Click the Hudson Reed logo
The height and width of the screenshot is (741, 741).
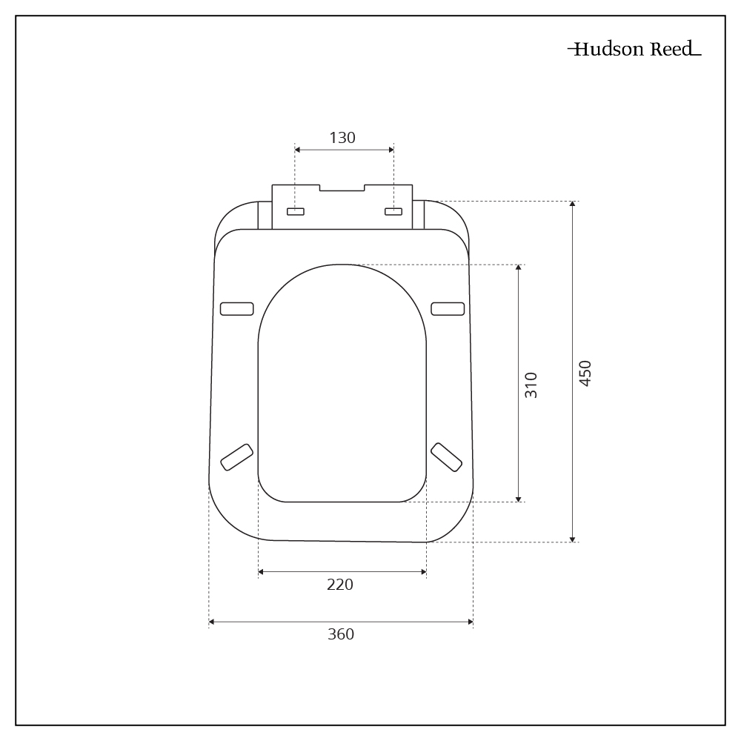pos(634,50)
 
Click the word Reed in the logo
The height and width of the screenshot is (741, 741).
pos(673,50)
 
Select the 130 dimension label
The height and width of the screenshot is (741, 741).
pos(342,138)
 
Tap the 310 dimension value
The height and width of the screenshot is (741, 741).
pos(531,385)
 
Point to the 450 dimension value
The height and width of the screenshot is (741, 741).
pos(585,373)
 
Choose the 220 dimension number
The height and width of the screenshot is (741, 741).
pos(340,585)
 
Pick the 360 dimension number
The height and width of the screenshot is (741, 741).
pos(341,634)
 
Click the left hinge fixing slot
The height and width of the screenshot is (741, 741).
pos(296,212)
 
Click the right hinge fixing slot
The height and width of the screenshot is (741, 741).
pos(393,212)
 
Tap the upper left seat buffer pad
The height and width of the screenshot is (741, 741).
pos(237,309)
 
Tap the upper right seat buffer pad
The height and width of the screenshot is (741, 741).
pos(448,309)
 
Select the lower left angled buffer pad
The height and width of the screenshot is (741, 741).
pos(237,456)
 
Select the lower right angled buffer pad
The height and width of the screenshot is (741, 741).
pos(446,456)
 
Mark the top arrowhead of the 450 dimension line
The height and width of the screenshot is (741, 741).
pos(572,205)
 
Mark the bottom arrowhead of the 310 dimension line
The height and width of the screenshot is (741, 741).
pos(518,498)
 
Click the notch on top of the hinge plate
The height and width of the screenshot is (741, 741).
pos(342,187)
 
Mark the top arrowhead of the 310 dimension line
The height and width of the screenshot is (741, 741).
pos(518,268)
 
